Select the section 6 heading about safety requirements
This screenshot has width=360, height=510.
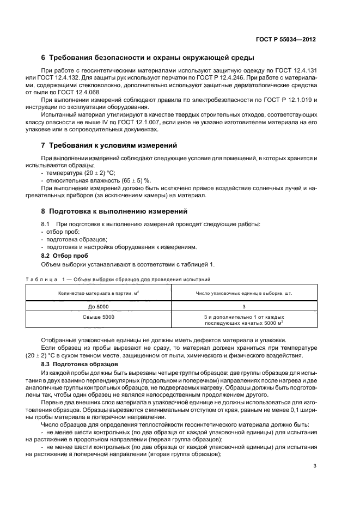[x=147, y=58]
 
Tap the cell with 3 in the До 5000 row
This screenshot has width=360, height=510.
[x=244, y=306]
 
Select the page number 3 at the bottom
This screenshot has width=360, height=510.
[x=315, y=465]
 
